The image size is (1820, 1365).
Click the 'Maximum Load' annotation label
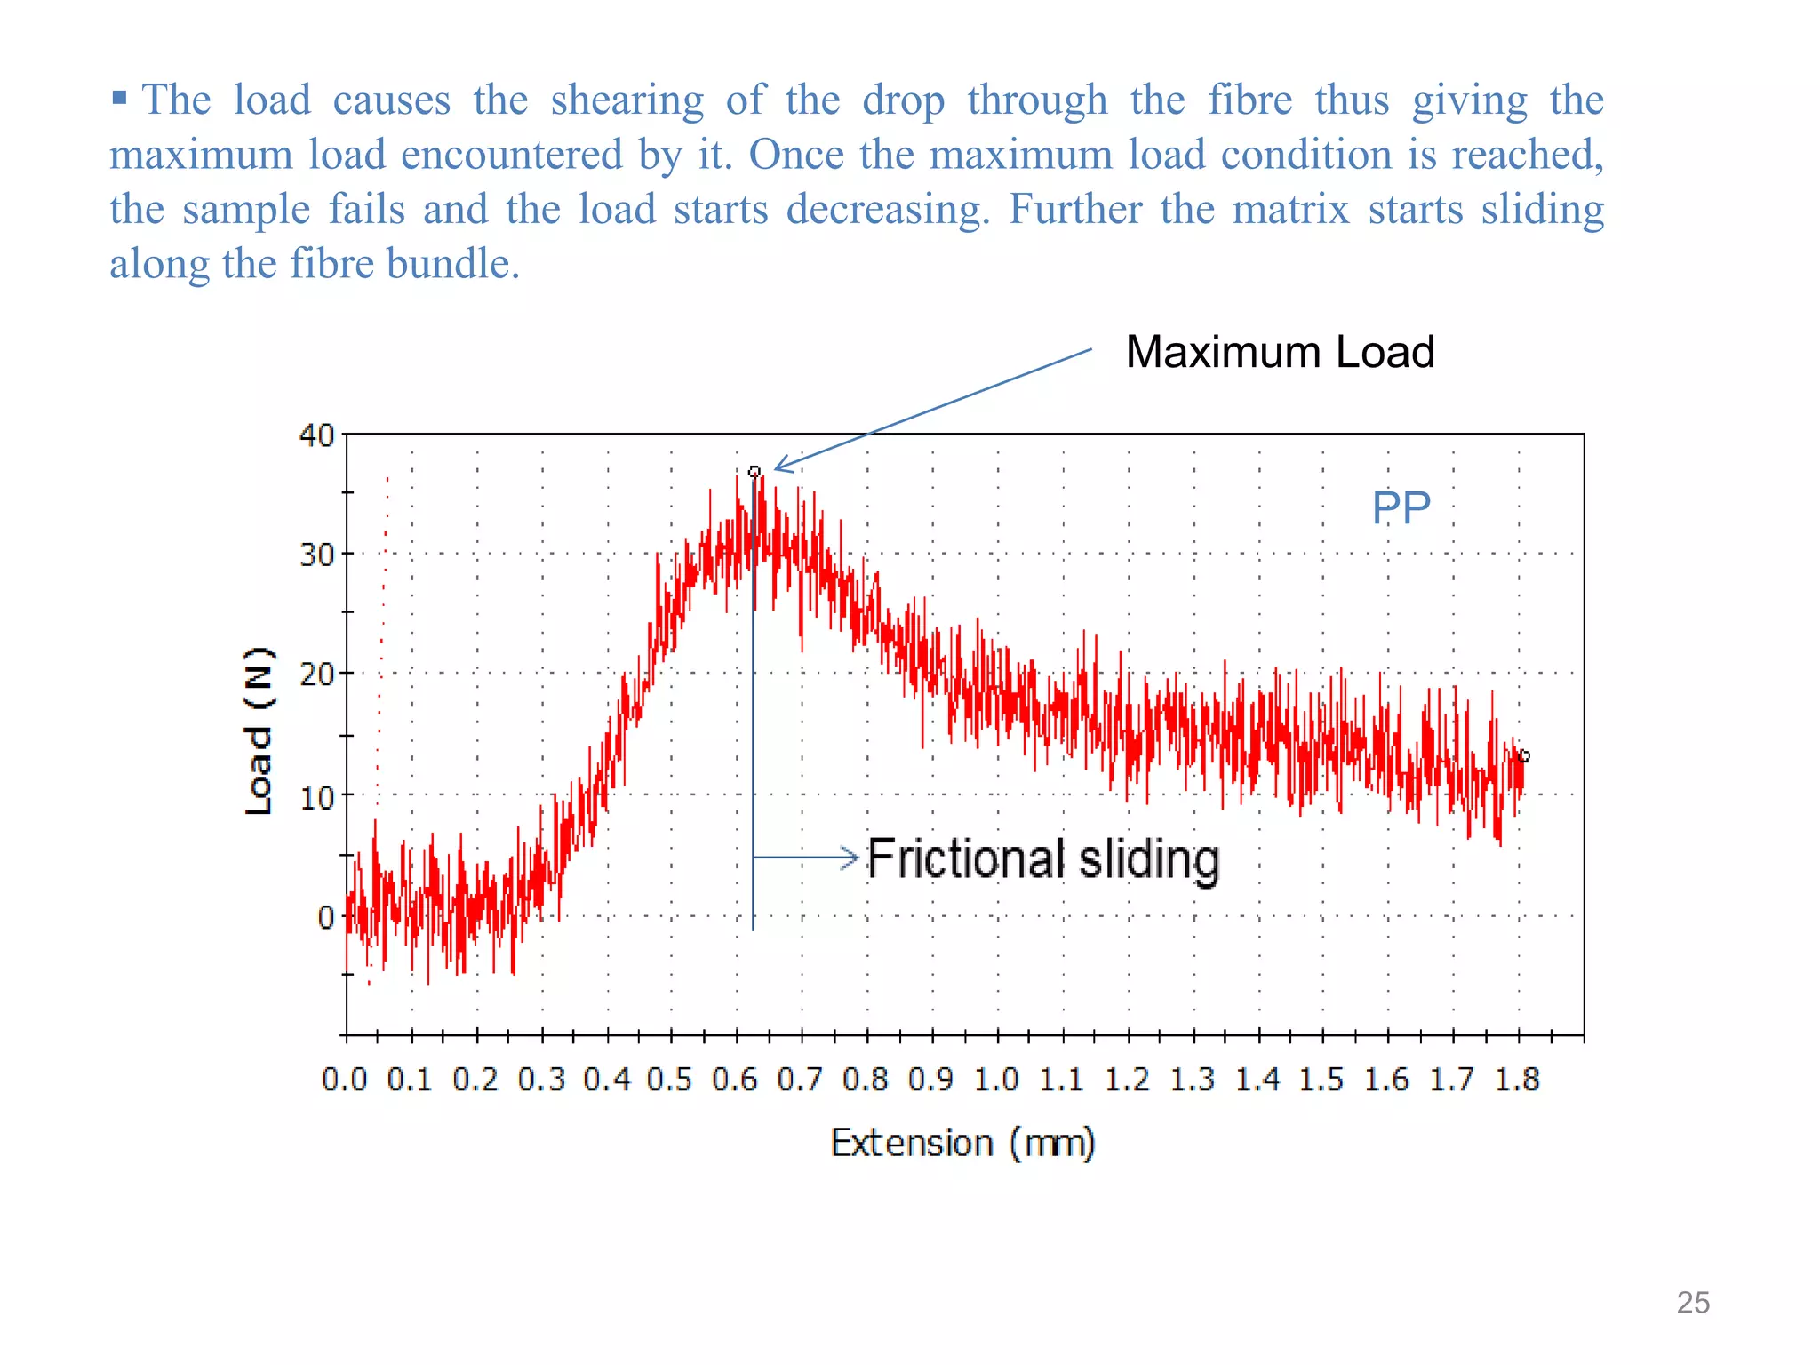[1280, 352]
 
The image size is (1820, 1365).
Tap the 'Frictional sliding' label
[1043, 859]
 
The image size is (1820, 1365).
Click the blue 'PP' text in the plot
[1401, 508]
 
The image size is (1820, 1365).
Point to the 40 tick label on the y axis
[316, 435]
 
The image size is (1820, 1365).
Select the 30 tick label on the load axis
[316, 555]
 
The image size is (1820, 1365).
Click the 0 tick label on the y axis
[326, 917]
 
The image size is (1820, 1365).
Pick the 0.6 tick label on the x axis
[735, 1080]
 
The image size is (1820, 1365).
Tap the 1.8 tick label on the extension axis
[1517, 1080]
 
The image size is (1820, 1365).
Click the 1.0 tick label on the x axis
[996, 1080]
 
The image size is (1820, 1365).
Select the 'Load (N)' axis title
[258, 730]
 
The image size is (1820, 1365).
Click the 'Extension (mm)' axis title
[962, 1143]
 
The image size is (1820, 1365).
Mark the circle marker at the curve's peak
[754, 472]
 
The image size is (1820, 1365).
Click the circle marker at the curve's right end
[1524, 756]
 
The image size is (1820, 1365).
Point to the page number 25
[1693, 1303]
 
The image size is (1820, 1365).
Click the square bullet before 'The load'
[119, 97]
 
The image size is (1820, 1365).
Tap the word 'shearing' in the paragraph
[627, 100]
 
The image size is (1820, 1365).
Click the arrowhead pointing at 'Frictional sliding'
[850, 858]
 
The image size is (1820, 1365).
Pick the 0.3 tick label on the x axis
[541, 1080]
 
